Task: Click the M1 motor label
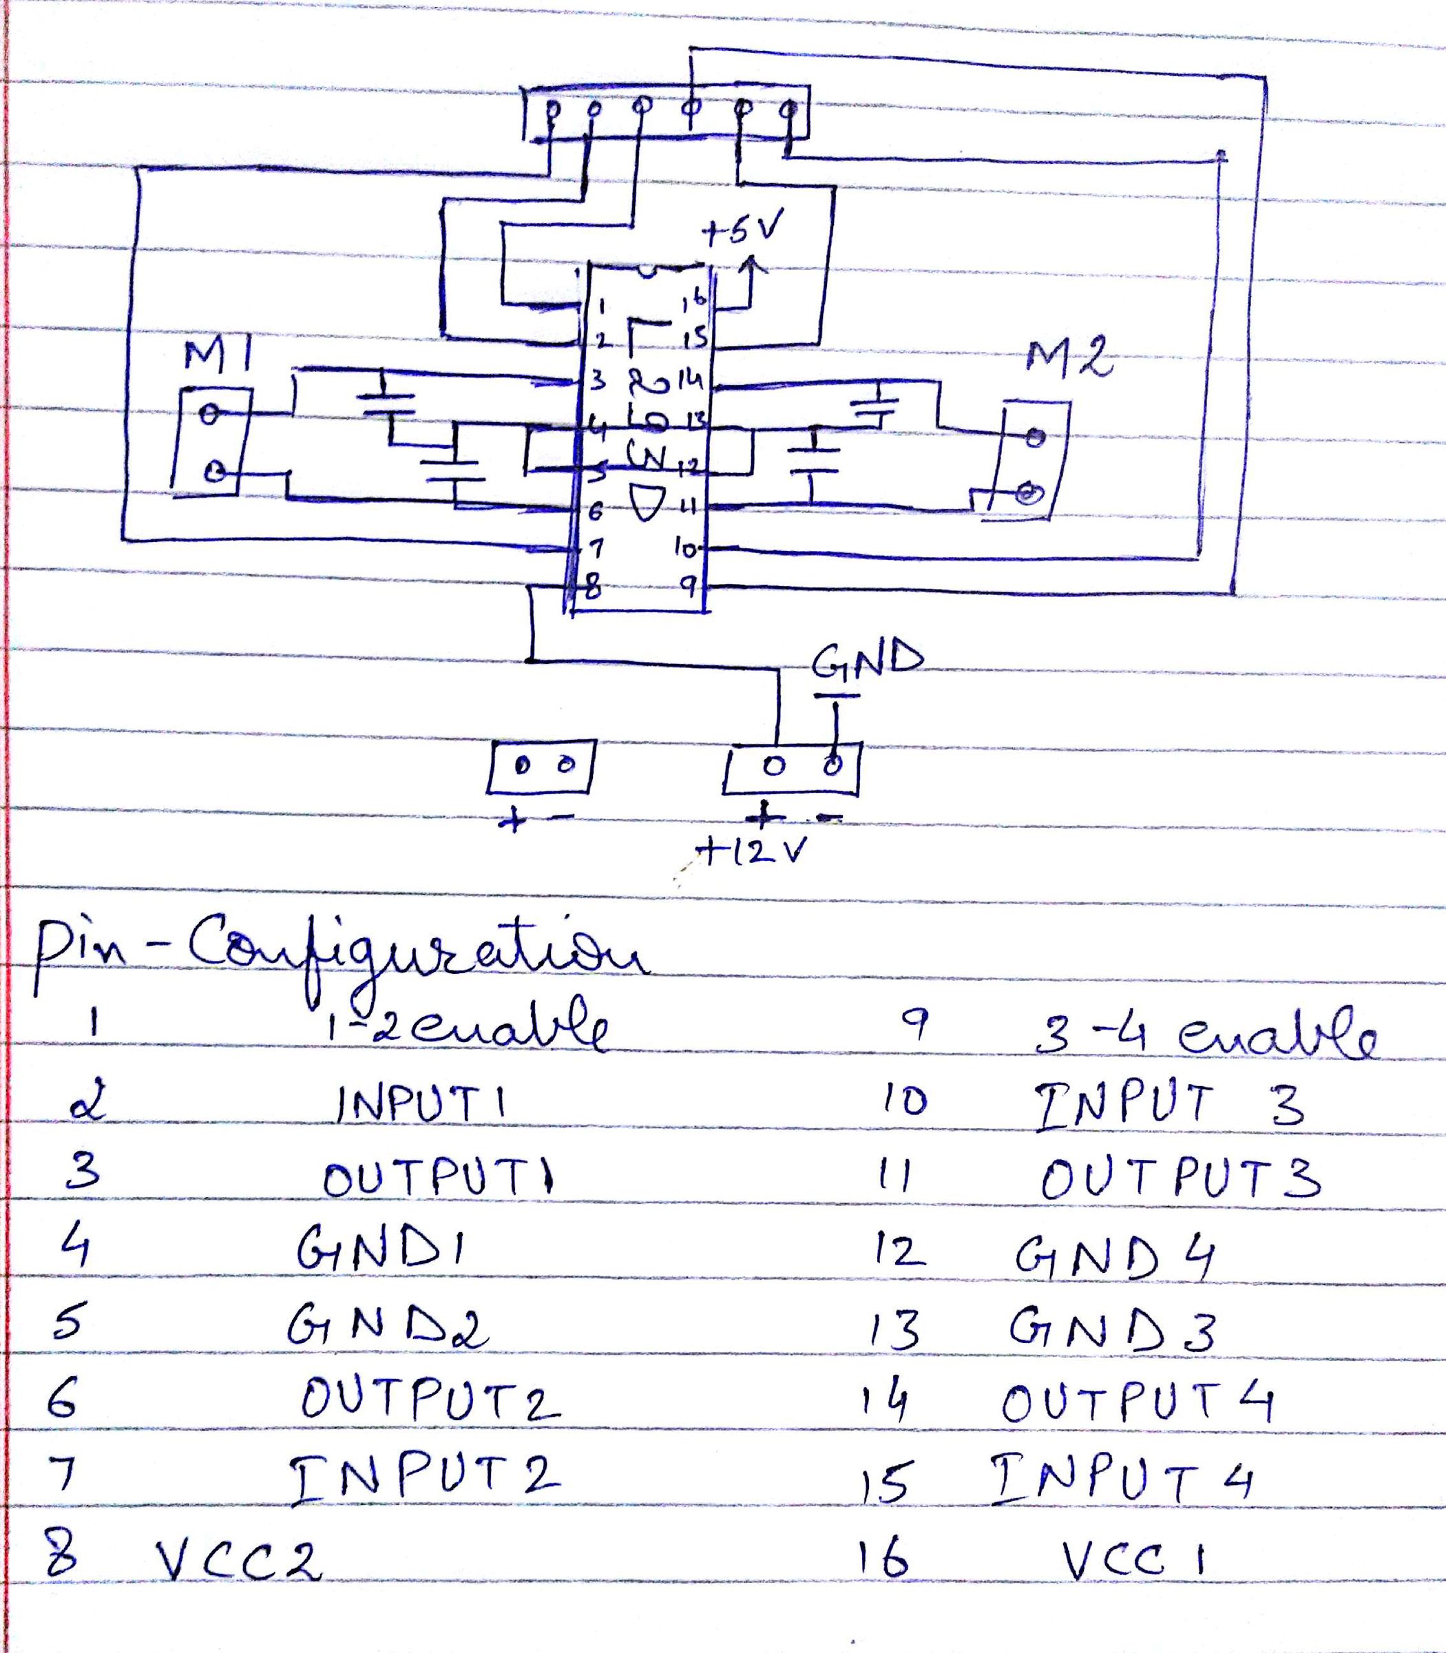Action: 216,355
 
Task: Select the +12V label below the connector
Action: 755,851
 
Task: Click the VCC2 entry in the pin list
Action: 238,1563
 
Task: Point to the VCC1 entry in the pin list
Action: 1133,1559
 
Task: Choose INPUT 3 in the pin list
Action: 1169,1104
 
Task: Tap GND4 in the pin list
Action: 1114,1257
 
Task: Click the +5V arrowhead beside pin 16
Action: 752,264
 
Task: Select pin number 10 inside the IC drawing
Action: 686,549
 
